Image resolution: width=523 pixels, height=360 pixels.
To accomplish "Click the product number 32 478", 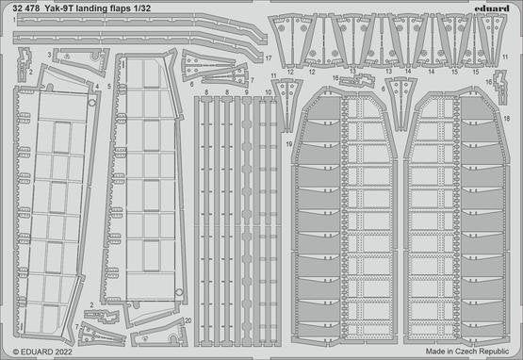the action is (25, 8).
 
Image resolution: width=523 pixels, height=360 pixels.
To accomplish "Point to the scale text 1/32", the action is (141, 8).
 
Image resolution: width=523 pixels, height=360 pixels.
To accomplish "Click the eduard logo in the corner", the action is (492, 8).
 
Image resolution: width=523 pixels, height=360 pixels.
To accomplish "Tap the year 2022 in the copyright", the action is (63, 352).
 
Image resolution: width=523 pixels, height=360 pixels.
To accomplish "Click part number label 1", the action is (14, 20).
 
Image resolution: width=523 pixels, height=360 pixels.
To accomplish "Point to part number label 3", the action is (49, 55).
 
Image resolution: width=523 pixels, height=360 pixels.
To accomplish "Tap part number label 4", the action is (97, 87).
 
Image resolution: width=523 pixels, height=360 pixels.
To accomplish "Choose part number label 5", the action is (109, 87).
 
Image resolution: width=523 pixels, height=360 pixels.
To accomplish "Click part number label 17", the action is (269, 58).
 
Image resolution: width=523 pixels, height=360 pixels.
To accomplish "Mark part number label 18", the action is (507, 118).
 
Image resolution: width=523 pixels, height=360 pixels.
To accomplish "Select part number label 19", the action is (289, 144).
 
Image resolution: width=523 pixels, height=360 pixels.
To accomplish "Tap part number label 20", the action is (188, 320).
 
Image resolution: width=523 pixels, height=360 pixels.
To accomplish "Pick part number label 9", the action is (247, 92).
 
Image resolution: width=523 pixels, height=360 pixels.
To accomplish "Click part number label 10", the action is (269, 92).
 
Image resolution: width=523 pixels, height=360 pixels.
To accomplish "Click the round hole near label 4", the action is (91, 103).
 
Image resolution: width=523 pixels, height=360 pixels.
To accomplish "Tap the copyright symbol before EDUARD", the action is (16, 352).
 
